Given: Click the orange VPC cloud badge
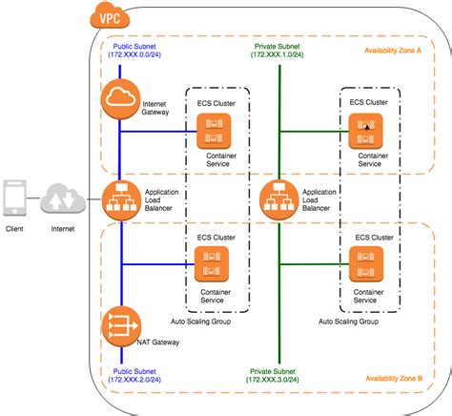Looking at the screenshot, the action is coord(110,16).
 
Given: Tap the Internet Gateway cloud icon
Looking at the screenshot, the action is coord(120,99).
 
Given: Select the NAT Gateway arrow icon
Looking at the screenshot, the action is coord(121,326).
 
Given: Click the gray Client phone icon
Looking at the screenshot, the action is coord(15,198).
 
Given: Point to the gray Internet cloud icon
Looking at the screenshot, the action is coord(63,198).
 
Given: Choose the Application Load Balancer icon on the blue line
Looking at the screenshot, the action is coord(121,200).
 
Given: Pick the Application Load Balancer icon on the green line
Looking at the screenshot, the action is coord(279,200).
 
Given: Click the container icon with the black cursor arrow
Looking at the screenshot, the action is coord(365,132).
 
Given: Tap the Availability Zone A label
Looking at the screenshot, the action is coord(393,51).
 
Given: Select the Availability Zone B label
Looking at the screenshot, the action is coord(394,379).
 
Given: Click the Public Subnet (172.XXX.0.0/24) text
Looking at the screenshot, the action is coord(134,51).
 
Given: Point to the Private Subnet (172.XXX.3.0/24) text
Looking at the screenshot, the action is coord(273,376).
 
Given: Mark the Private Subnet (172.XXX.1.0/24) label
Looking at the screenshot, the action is coord(277,51).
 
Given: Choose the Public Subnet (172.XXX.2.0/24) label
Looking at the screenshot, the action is coord(134,376).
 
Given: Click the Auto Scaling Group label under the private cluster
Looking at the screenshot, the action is coord(348,322).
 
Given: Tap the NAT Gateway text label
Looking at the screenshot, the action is coord(158,343).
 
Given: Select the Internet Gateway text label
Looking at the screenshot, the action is coord(155,108).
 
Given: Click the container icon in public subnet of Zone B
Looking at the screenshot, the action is coord(212,264).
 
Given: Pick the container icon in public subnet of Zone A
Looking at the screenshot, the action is coord(214,132).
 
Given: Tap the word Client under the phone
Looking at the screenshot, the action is coord(14,229).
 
